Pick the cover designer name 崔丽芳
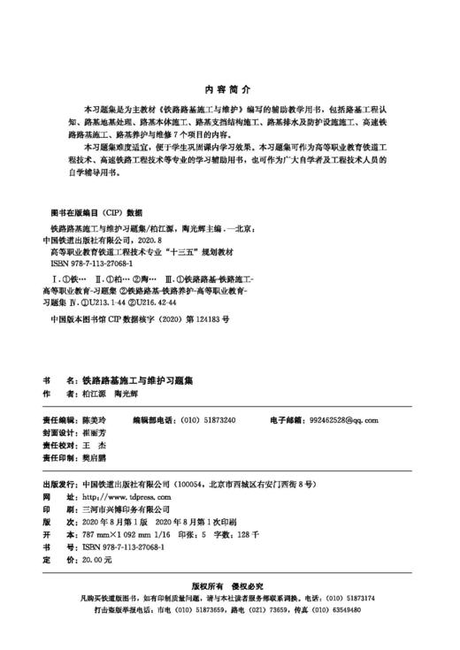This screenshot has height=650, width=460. [x=92, y=433]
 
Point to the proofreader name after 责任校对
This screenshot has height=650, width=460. [x=91, y=447]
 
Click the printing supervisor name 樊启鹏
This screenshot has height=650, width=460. [x=92, y=460]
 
